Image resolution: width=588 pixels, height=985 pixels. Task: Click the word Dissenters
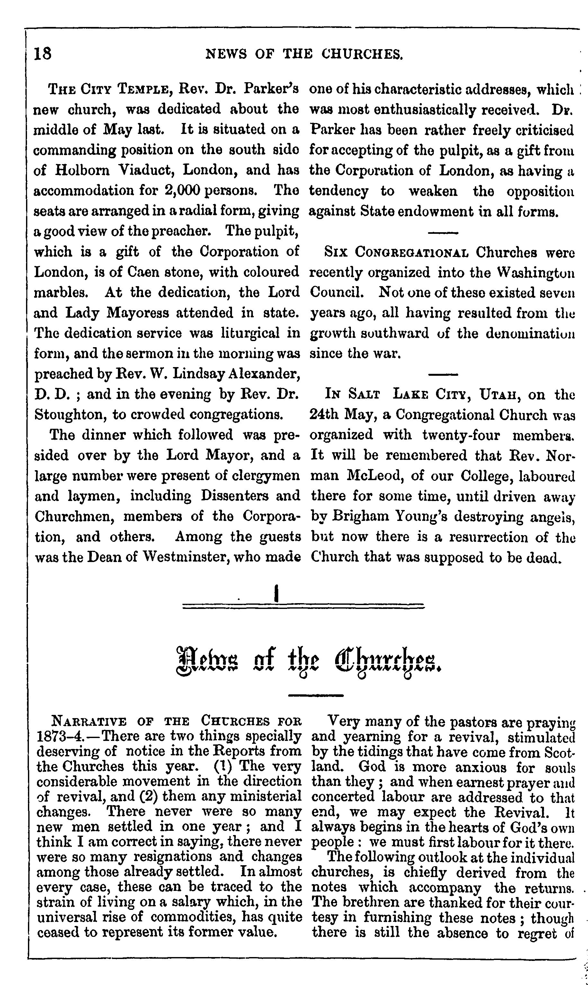point(231,496)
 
